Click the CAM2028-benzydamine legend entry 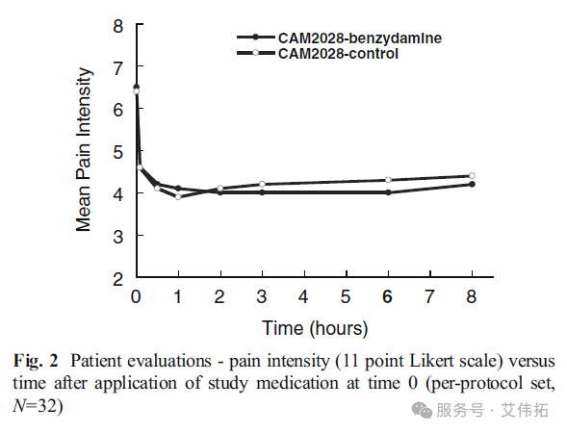pyautogui.click(x=339, y=38)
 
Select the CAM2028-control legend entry pyautogui.click(x=318, y=54)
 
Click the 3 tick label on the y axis pyautogui.click(x=117, y=237)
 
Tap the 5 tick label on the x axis pyautogui.click(x=346, y=296)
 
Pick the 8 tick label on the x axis pyautogui.click(x=472, y=296)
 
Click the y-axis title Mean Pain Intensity pyautogui.click(x=84, y=149)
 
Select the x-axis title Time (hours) pyautogui.click(x=315, y=328)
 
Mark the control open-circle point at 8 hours pyautogui.click(x=472, y=176)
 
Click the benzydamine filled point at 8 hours pyautogui.click(x=472, y=184)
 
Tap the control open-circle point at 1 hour pyautogui.click(x=178, y=196)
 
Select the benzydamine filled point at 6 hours pyautogui.click(x=388, y=192)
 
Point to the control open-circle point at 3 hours pyautogui.click(x=262, y=184)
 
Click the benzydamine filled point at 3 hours pyautogui.click(x=262, y=192)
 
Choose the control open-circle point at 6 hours pyautogui.click(x=388, y=180)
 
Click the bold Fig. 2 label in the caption pyautogui.click(x=36, y=361)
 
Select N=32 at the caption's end pyautogui.click(x=38, y=406)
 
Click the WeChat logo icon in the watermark pyautogui.click(x=422, y=410)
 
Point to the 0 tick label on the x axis pyautogui.click(x=136, y=296)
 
